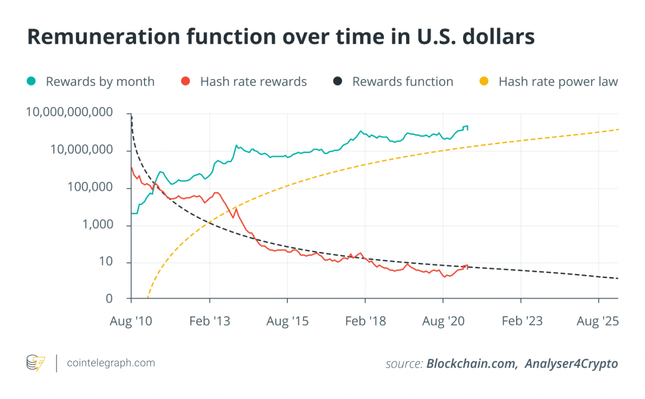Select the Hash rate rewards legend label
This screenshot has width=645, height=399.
tap(253, 82)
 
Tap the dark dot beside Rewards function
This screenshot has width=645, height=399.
tap(338, 82)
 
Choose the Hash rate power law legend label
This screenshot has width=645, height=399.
tap(558, 82)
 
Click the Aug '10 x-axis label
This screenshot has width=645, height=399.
tap(131, 321)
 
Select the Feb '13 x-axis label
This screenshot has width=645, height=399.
tap(209, 321)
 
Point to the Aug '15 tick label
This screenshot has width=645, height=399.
tap(287, 321)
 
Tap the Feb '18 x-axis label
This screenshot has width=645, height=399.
tap(365, 321)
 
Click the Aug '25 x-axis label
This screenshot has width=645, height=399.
tap(598, 321)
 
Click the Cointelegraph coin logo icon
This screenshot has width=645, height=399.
tap(35, 363)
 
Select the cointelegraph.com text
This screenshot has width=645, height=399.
tap(111, 363)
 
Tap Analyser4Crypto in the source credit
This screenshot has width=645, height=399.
tap(571, 364)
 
